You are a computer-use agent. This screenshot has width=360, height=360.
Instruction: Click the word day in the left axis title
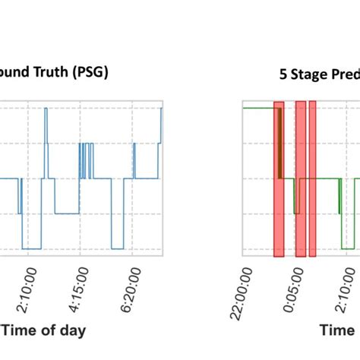click(x=73, y=330)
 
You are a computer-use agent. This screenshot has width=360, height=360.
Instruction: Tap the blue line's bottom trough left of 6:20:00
click(x=117, y=248)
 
